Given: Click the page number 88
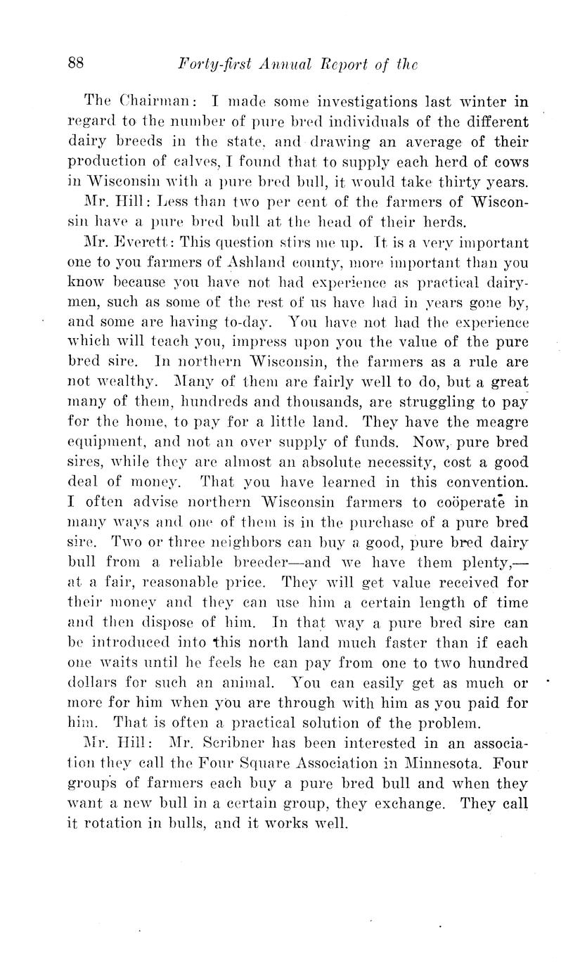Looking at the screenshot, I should (76, 63).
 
